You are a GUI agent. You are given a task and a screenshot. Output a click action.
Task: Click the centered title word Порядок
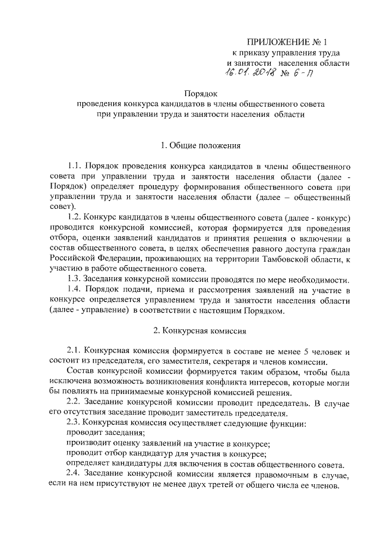pos(202,93)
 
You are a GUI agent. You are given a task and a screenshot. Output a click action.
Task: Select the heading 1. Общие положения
pos(202,145)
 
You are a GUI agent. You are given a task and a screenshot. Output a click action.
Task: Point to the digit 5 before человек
pos(297,351)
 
